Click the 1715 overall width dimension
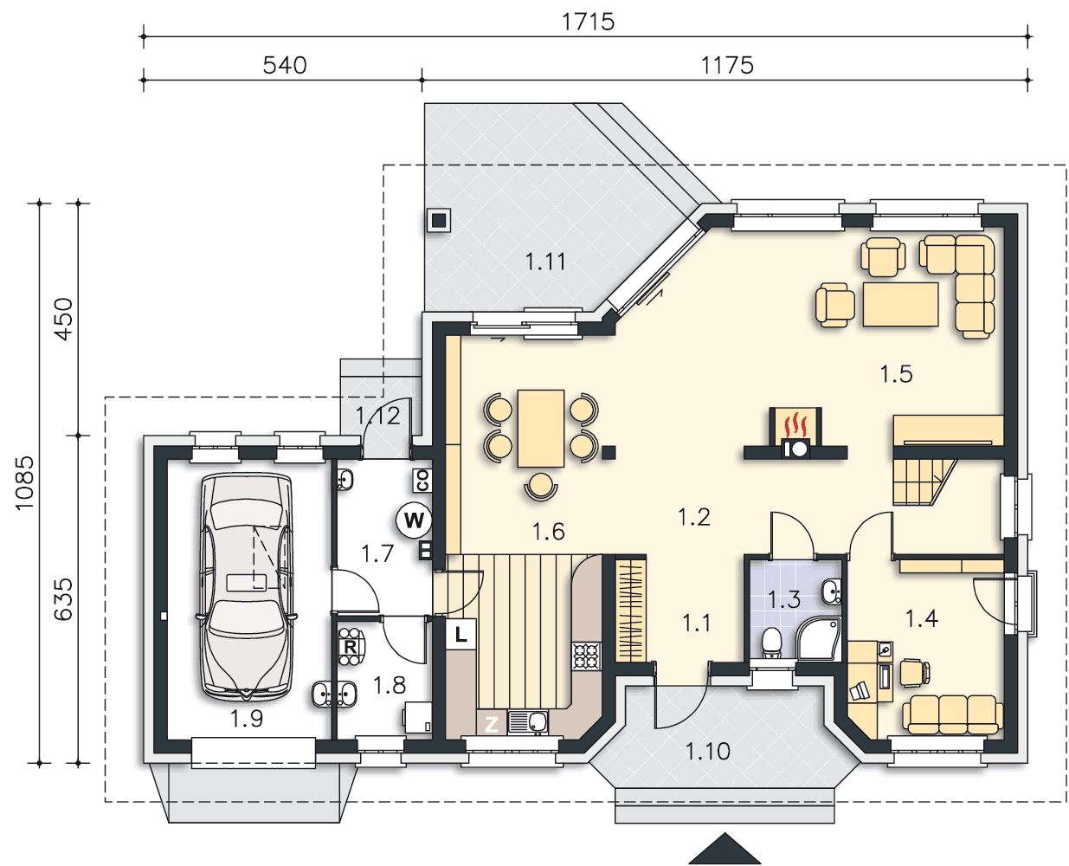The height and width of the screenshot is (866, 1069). [x=588, y=23]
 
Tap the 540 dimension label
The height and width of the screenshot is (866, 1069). [x=285, y=66]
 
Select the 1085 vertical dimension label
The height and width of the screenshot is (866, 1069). [x=24, y=482]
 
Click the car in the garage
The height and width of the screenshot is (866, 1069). [x=247, y=587]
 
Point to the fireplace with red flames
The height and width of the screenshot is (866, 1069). [x=795, y=433]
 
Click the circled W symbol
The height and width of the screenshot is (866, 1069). [x=414, y=520]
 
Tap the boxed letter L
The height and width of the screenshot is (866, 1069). [x=460, y=635]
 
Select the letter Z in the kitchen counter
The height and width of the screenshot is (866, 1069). [x=492, y=724]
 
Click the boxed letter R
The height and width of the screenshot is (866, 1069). [x=350, y=647]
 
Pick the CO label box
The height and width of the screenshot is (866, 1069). [x=422, y=481]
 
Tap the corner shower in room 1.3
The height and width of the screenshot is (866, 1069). [x=818, y=639]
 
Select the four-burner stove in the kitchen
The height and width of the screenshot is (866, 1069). [x=586, y=656]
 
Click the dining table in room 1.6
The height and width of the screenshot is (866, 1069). [x=541, y=428]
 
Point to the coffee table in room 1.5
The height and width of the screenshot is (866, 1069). [x=901, y=304]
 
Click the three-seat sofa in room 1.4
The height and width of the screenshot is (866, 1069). [x=953, y=715]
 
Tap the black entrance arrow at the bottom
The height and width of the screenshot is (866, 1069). [x=724, y=849]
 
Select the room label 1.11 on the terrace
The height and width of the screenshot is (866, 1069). [x=545, y=262]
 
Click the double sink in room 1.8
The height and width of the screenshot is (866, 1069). [x=334, y=695]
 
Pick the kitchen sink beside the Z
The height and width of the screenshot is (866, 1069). [x=527, y=722]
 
